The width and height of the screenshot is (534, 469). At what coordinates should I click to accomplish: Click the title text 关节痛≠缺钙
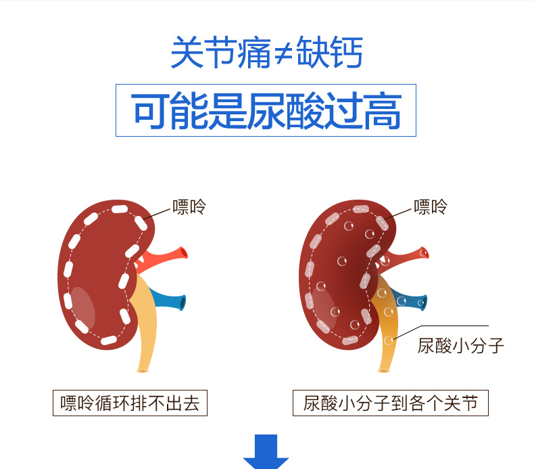[266, 53]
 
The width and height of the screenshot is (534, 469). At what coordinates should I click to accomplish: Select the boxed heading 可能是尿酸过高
[266, 110]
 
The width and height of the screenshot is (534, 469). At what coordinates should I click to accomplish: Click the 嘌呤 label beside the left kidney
[189, 206]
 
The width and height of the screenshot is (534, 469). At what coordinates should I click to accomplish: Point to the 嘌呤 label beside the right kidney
[431, 206]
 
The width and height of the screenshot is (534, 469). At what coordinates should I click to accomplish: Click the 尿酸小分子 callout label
[461, 347]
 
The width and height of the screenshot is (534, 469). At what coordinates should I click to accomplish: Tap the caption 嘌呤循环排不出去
[130, 403]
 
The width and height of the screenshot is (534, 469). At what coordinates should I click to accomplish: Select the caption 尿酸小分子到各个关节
[390, 403]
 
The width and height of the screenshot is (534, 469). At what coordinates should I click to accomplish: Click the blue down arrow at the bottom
[266, 452]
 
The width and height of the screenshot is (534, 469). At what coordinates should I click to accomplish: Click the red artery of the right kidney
[409, 256]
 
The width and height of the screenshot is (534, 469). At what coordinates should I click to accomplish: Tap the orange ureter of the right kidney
[386, 332]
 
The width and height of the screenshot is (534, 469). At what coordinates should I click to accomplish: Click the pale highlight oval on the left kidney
[82, 305]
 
